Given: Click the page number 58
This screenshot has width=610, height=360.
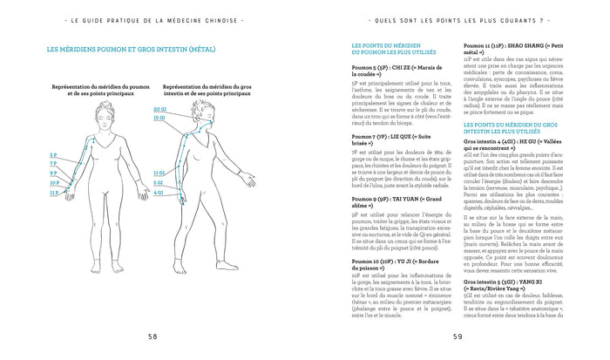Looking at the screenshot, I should pyautogui.click(x=152, y=336).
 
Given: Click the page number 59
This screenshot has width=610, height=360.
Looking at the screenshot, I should pyautogui.click(x=457, y=336).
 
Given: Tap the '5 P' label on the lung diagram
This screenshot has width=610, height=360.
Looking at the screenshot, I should pyautogui.click(x=53, y=154).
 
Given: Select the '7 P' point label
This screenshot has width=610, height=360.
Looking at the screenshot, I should pyautogui.click(x=53, y=163).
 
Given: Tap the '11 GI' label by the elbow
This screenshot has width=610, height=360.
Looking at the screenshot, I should pyautogui.click(x=159, y=173).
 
